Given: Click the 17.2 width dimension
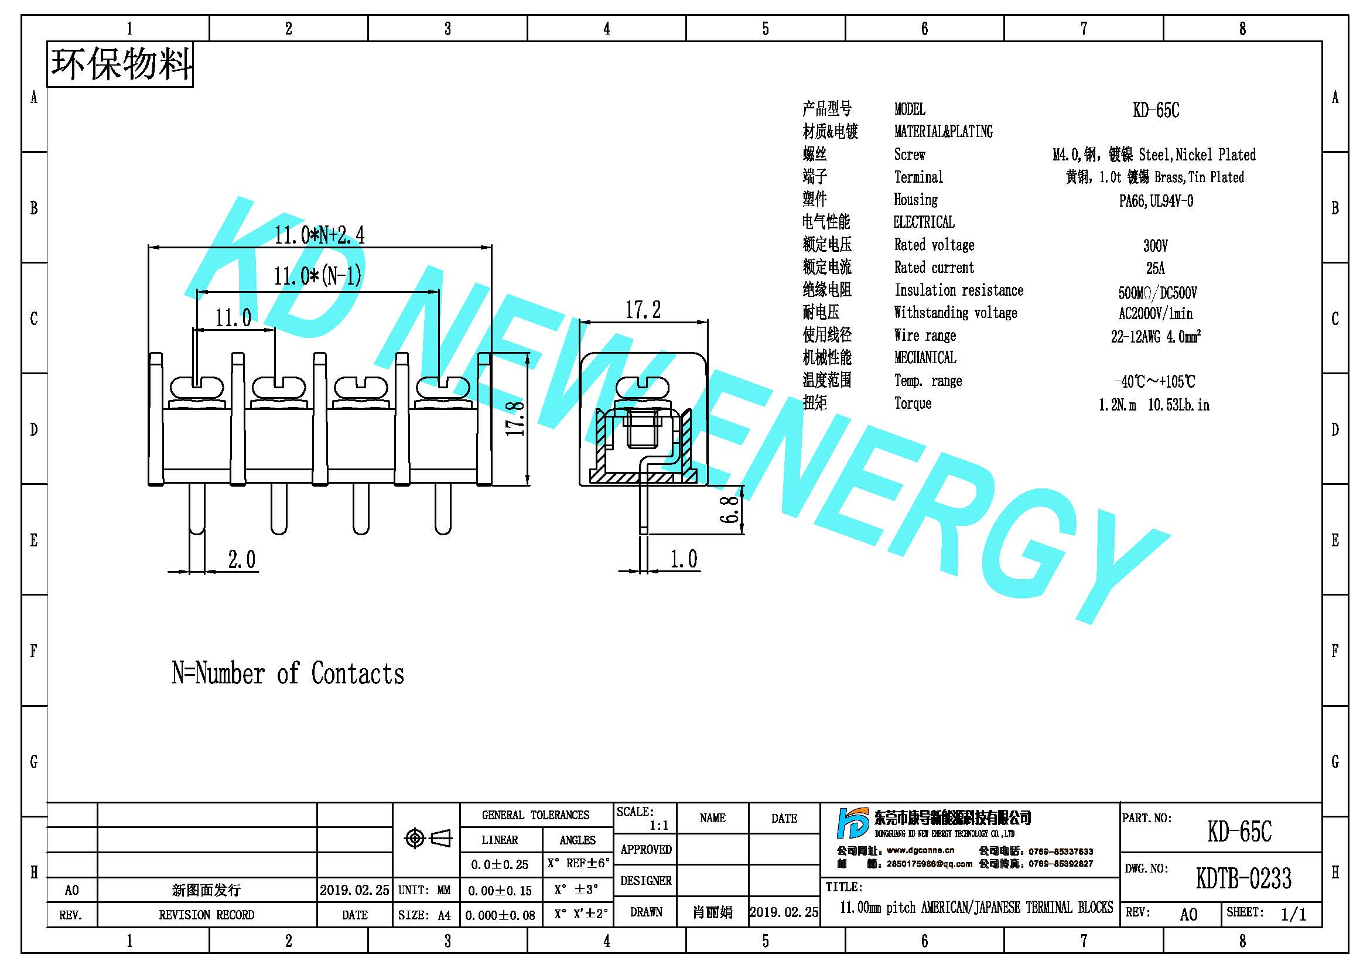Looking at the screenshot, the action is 643,310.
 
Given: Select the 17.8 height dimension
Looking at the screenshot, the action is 515,418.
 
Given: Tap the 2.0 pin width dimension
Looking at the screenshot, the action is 242,559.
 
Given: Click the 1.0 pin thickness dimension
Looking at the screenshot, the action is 683,559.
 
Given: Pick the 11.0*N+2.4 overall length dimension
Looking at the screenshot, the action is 319,235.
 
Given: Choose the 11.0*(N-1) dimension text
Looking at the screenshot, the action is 317,276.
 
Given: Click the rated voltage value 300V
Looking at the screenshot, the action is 1155,245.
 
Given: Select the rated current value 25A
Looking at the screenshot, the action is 1155,268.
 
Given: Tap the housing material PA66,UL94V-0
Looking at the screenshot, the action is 1156,201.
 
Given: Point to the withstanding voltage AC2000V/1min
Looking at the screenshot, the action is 1155,313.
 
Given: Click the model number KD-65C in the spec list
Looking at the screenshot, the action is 1156,110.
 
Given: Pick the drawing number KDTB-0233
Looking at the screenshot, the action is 1243,878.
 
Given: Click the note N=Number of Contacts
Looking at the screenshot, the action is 288,673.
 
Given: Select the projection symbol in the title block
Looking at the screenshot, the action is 428,839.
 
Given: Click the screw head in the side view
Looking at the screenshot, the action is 643,388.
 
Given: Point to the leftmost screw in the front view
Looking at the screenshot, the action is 197,388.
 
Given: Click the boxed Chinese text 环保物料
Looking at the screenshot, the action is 121,64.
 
